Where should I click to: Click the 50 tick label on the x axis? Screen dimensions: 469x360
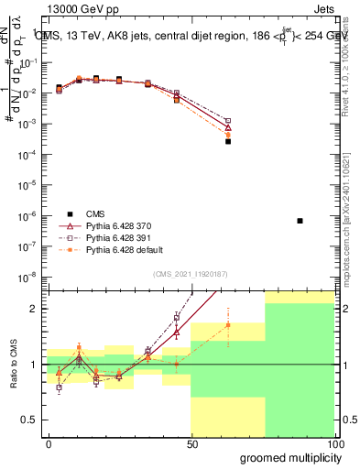(x=191, y=443)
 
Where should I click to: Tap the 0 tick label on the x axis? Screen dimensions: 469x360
(x=49, y=443)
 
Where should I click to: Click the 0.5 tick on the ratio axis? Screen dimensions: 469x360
(x=32, y=420)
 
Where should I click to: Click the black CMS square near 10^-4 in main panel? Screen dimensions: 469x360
(x=228, y=141)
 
